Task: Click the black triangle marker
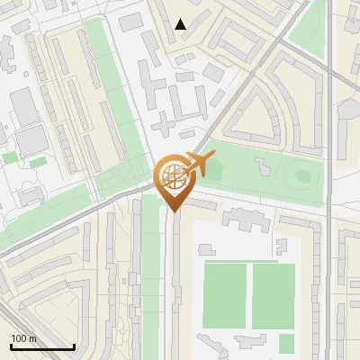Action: [x=181, y=24]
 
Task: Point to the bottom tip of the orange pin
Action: [x=172, y=211]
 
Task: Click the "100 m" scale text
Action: [x=23, y=337]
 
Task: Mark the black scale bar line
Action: [x=42, y=346]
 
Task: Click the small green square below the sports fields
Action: [x=286, y=344]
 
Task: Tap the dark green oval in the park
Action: [x=301, y=174]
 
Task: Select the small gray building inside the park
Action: [x=262, y=166]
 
